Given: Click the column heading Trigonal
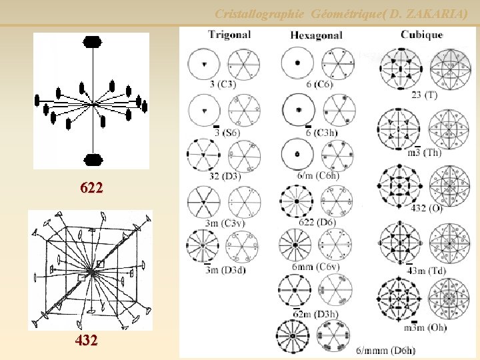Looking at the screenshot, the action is [229, 34].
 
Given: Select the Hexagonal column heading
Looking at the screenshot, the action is [317, 35].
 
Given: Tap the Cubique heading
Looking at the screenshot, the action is [421, 35].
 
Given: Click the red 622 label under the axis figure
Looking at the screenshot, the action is [91, 188].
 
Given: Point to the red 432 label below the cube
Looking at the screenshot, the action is [87, 341].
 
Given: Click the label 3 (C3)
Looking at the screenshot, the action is [223, 84].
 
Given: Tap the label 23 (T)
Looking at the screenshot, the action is [425, 95].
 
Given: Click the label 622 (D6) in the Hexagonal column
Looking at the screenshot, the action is [317, 222].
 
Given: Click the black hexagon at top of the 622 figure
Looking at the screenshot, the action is [93, 41].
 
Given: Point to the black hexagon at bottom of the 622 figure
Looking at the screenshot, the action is [93, 159].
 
